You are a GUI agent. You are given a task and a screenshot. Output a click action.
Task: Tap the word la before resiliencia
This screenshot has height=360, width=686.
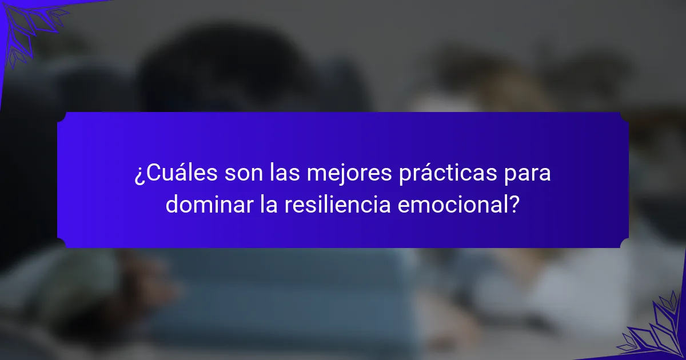(x=269, y=204)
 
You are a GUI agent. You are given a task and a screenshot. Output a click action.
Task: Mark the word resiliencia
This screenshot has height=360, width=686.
(x=337, y=204)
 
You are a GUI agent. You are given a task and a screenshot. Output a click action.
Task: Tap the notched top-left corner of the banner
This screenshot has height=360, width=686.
(x=62, y=117)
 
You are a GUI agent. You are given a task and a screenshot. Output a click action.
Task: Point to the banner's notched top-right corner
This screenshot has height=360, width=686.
(x=624, y=117)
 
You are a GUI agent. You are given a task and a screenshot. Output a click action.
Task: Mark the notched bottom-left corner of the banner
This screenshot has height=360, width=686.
(x=62, y=243)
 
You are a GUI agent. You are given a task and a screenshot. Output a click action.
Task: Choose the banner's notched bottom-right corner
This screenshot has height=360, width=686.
(x=624, y=243)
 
